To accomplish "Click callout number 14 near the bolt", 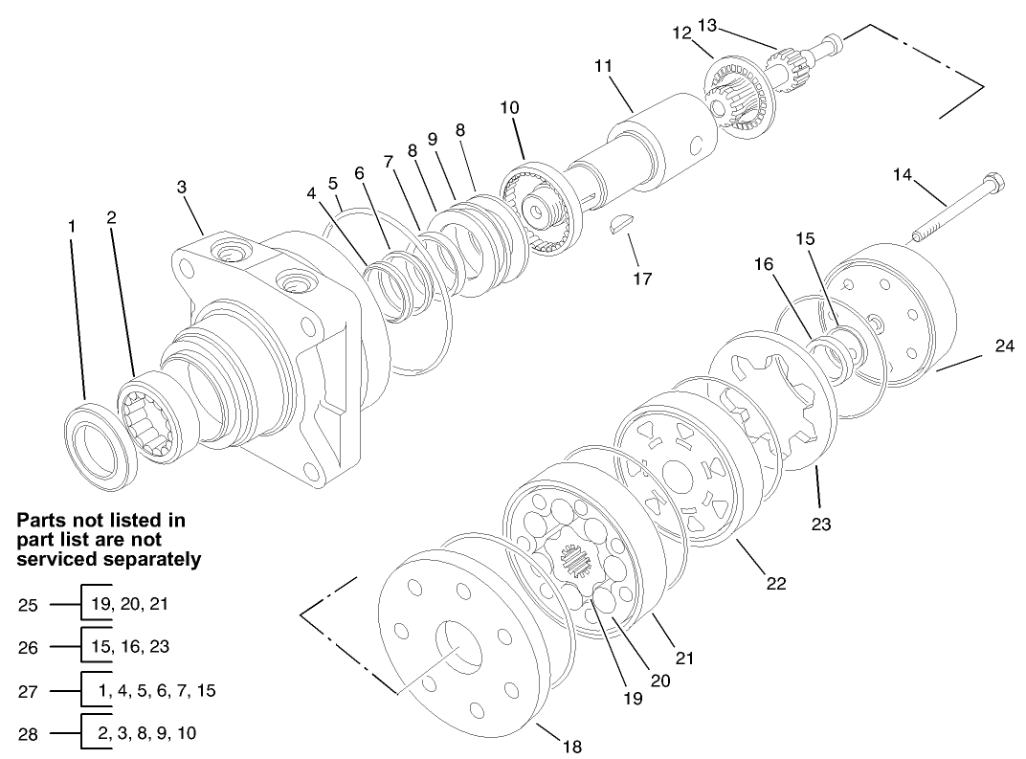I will point(903,175).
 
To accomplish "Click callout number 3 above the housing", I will point(182,188).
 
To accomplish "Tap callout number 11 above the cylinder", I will point(602,68).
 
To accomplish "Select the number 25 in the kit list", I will point(29,605).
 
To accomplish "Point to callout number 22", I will point(776,583).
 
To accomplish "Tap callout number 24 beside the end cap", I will point(1003,346).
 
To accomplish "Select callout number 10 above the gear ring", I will point(509,107).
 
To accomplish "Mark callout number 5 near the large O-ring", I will point(332,182).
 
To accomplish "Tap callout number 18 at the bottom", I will point(571,747).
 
